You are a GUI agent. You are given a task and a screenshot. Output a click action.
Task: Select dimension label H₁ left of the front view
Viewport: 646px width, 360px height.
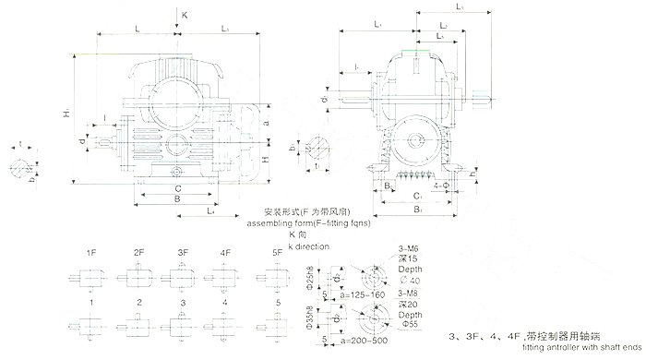coord(68,111)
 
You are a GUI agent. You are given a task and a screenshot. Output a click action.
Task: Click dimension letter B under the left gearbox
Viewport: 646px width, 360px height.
coord(177,198)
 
